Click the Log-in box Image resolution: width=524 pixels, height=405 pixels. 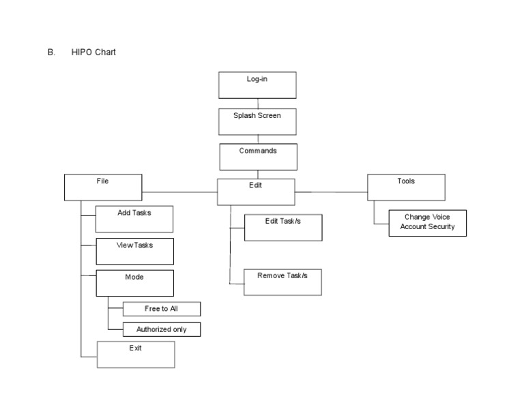point(257,85)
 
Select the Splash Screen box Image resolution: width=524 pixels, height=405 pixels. point(257,121)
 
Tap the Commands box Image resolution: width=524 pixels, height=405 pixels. point(258,156)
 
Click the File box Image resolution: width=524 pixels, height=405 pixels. point(103,187)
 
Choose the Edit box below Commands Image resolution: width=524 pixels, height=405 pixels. point(256,192)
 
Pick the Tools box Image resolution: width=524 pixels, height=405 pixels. point(406,187)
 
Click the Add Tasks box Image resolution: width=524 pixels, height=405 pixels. point(134,220)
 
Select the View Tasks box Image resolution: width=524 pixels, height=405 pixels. point(134,251)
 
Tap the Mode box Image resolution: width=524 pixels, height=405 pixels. point(134,283)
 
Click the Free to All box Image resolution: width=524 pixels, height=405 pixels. point(162,309)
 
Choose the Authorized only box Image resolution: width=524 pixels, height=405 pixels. point(162,329)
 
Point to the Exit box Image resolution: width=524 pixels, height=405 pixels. point(136,355)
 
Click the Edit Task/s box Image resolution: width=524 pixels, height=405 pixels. point(282,227)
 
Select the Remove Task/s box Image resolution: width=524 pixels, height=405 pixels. point(282,282)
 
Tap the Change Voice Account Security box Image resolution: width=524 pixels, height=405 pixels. point(427,223)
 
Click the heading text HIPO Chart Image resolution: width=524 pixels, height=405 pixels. point(93,52)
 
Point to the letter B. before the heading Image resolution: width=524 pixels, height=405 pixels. point(51,52)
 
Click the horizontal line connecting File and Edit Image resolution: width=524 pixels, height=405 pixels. point(179,192)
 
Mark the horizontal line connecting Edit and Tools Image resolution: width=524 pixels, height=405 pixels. point(331,192)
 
